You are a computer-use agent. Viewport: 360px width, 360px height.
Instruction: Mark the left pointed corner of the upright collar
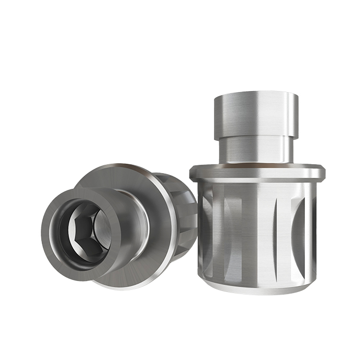190,173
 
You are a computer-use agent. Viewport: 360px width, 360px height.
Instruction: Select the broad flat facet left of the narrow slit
251,230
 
